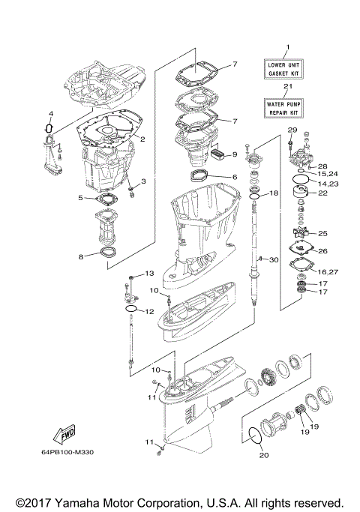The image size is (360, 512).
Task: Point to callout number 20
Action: point(262,454)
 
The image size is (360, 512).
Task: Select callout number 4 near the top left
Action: point(50,114)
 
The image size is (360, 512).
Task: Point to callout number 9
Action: point(234,154)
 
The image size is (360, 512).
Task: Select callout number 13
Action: point(148,273)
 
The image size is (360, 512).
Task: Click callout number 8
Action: point(81,256)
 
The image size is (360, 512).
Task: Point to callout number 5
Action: point(81,198)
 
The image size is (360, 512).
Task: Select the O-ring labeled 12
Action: point(130,308)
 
